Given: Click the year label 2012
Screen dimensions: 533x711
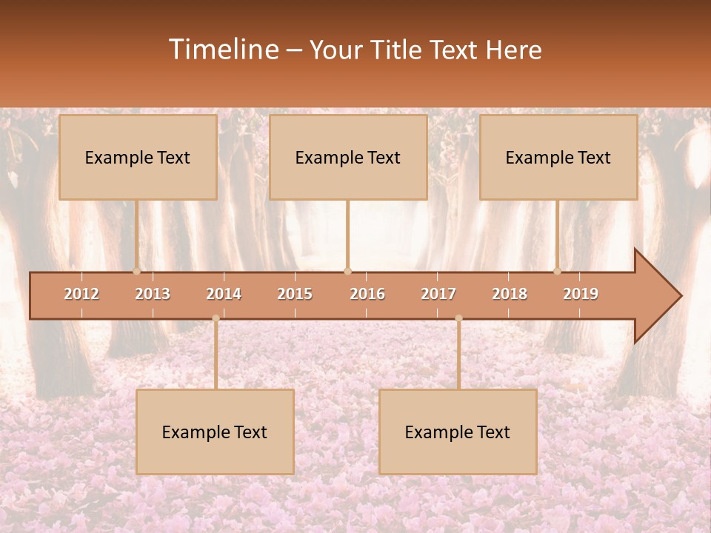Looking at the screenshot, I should click(81, 294).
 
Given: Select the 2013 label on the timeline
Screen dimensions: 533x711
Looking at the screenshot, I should click(153, 294).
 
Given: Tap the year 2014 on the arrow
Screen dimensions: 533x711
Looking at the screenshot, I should click(224, 294).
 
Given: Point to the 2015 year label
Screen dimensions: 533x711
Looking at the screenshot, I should click(295, 294).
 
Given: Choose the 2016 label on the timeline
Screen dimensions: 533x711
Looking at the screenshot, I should click(367, 294).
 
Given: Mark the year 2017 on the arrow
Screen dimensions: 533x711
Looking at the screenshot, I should click(438, 294).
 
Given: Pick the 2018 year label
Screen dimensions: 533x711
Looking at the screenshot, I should click(510, 294).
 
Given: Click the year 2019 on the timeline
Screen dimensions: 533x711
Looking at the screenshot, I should click(581, 294).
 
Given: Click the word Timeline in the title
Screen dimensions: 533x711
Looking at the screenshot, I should click(224, 50).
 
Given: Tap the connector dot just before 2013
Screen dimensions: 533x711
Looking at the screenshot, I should click(136, 271).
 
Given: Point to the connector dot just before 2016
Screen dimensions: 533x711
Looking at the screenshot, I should click(347, 271).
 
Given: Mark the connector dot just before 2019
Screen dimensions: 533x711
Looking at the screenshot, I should click(558, 271).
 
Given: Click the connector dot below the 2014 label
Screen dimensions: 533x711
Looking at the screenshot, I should click(216, 318).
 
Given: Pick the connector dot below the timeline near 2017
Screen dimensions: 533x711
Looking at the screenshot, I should click(458, 318).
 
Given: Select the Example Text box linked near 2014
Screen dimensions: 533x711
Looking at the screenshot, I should click(215, 432).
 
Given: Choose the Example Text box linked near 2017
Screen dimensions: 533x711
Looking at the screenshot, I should click(458, 432).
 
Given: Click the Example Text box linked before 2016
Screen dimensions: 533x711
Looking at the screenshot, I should click(348, 157).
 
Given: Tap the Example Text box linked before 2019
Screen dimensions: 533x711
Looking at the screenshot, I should click(558, 157).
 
